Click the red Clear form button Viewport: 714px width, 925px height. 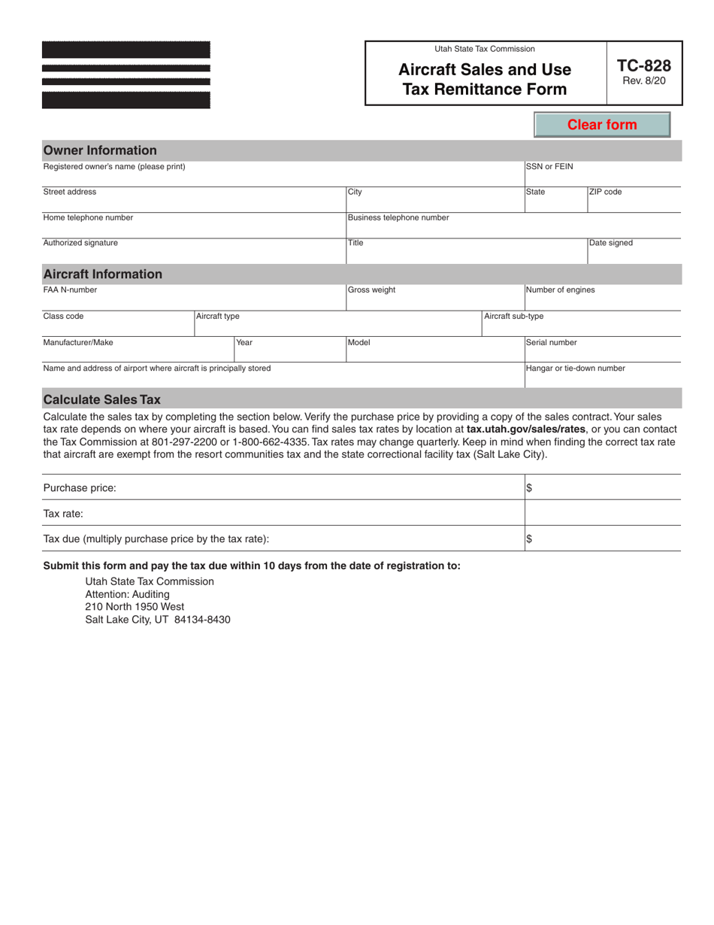(x=601, y=125)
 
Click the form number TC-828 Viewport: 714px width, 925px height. (x=643, y=65)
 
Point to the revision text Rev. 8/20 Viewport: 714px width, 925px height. (x=643, y=80)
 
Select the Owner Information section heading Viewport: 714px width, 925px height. (x=100, y=150)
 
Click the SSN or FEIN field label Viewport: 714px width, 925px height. (x=549, y=167)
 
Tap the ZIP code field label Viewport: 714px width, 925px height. (x=605, y=192)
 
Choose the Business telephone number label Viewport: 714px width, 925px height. (x=398, y=218)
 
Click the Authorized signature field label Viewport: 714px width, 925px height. (x=80, y=243)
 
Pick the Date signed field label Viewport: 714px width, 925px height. (x=611, y=243)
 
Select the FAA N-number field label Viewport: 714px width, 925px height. (x=70, y=290)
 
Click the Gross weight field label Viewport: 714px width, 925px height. (x=371, y=290)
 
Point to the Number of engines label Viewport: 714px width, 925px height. (x=560, y=290)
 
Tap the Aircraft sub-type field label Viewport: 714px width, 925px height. (x=513, y=317)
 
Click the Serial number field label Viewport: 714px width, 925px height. (x=551, y=343)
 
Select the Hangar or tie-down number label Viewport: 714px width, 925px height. (x=575, y=368)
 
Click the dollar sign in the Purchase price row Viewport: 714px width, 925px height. (x=529, y=488)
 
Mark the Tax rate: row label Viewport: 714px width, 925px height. (x=63, y=514)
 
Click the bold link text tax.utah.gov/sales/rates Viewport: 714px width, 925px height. (x=525, y=429)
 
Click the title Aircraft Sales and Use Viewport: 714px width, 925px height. (x=484, y=70)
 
